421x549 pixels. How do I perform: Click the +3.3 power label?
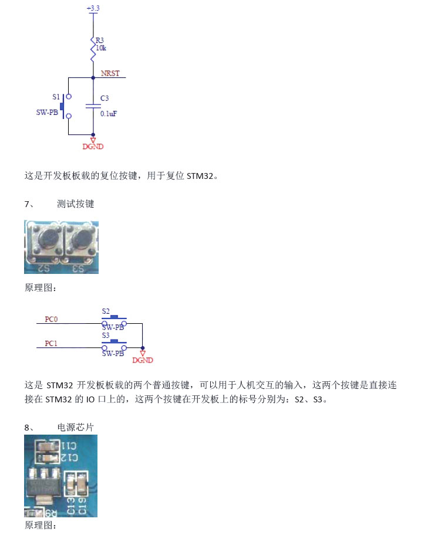93,8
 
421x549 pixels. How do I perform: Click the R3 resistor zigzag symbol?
93,49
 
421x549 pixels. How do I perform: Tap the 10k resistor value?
101,48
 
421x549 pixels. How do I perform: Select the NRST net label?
110,73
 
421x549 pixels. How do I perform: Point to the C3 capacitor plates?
93,106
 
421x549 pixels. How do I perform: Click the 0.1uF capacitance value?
108,113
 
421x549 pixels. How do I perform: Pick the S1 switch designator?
56,97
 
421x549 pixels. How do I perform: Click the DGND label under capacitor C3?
93,147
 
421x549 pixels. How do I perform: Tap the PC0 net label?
51,319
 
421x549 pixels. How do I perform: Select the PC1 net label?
51,344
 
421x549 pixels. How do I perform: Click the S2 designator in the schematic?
106,311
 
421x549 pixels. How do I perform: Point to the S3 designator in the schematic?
106,335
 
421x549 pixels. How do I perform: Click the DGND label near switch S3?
143,360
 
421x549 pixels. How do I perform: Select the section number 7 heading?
59,204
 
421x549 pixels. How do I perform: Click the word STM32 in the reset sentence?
200,176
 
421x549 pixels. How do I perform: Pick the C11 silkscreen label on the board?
69,446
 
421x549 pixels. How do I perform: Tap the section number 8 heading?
59,427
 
